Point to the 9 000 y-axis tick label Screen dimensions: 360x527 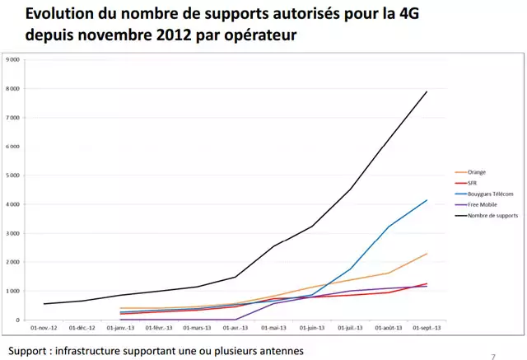pos(13,60)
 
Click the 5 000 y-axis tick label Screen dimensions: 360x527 pos(13,175)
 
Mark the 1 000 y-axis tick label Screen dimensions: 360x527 pos(13,291)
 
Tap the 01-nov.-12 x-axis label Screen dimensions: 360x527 pos(43,327)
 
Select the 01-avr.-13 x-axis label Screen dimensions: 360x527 pos(235,327)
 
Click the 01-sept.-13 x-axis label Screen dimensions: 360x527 pos(426,327)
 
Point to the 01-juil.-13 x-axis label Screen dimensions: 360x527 pos(349,327)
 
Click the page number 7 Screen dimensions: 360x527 pos(493,357)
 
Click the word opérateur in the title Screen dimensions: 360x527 pos(254,37)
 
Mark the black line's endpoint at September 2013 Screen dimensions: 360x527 pos(427,91)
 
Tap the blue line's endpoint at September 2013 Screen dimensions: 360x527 pos(427,200)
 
